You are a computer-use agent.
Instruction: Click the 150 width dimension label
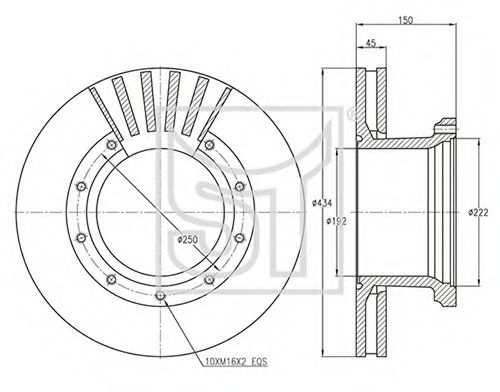tap(405, 20)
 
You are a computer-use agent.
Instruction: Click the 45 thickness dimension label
tap(371, 43)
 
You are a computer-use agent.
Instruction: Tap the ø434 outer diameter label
tap(322, 203)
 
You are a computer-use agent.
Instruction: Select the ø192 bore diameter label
tap(337, 221)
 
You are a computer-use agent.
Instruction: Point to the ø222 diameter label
tap(478, 212)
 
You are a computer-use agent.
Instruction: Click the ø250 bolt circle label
tap(188, 239)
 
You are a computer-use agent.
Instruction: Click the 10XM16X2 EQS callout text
tap(236, 362)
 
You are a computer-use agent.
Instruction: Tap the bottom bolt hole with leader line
tap(161, 295)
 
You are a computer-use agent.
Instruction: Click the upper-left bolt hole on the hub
tap(111, 145)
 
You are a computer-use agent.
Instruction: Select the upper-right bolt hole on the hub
tap(209, 145)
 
